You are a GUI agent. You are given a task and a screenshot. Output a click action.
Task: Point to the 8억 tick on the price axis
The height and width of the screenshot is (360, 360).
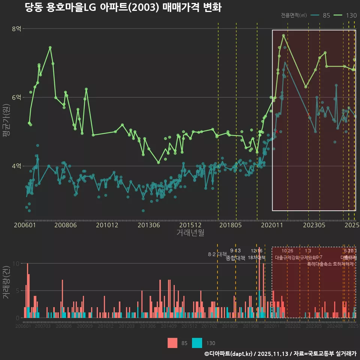pos(16,29)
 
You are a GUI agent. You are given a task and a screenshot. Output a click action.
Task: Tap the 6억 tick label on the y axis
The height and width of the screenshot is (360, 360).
pos(16,97)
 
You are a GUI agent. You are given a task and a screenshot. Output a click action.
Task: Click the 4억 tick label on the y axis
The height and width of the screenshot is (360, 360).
pos(16,166)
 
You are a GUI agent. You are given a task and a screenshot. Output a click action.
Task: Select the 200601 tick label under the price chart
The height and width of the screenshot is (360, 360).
pos(25,225)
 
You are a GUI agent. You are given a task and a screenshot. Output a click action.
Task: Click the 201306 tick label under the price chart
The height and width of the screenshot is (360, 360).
pos(149,225)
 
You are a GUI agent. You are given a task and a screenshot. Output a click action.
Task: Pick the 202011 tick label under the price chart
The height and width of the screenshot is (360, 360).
pos(271,225)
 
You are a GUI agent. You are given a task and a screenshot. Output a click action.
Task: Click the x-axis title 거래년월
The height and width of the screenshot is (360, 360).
pos(190,232)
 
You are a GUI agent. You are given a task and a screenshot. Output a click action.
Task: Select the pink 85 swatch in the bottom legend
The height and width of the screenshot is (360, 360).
pos(172,343)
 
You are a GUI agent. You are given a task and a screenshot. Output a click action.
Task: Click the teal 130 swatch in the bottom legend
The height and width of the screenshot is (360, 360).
pos(197,343)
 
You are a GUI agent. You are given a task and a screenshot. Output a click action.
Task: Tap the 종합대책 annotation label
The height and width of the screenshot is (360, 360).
pos(235,258)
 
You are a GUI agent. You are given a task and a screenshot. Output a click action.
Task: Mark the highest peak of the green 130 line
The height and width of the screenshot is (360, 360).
pos(283,35)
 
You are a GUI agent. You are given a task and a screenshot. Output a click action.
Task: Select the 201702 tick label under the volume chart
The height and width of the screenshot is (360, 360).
pos(209,326)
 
